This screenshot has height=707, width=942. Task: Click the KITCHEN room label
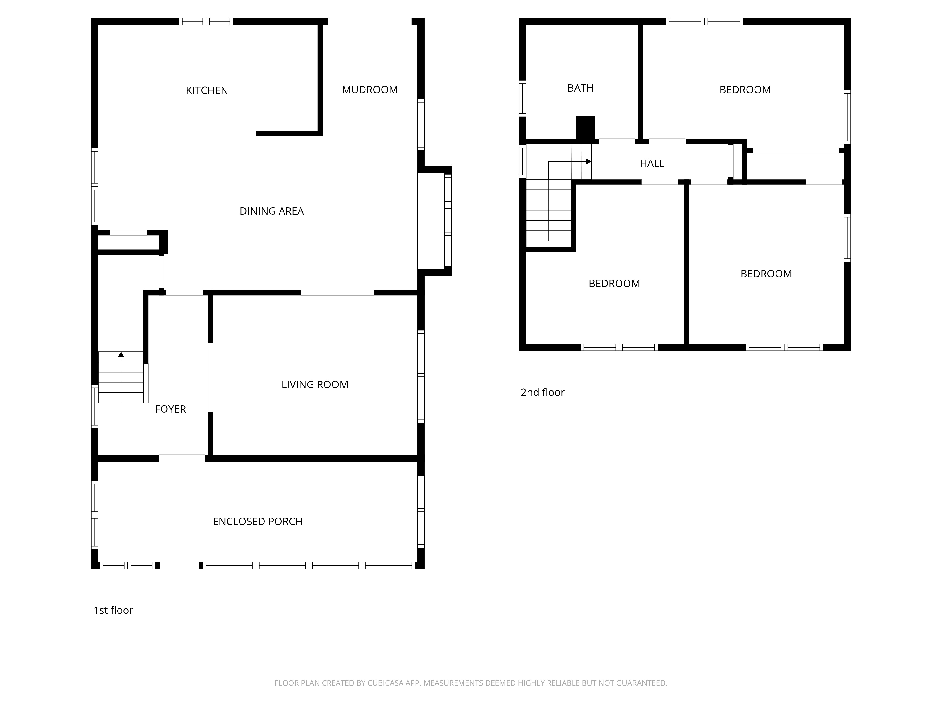(x=207, y=90)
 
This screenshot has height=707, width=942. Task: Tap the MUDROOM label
(x=370, y=90)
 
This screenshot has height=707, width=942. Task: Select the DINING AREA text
(x=272, y=211)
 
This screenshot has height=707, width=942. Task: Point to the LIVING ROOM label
(x=315, y=384)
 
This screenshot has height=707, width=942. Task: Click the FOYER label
(x=170, y=409)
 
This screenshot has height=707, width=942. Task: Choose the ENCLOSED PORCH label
(x=258, y=521)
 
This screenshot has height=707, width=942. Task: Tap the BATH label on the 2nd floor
(x=581, y=88)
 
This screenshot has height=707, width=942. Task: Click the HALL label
(x=652, y=163)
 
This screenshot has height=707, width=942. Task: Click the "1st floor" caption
(x=113, y=610)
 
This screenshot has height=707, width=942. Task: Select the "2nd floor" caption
(x=543, y=392)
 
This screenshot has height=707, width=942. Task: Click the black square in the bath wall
(x=585, y=127)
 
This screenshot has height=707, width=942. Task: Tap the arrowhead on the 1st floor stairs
(x=121, y=354)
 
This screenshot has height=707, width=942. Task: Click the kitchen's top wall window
(x=206, y=21)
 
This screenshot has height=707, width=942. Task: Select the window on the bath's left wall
(x=523, y=98)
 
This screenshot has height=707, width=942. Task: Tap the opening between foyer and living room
(x=210, y=377)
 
